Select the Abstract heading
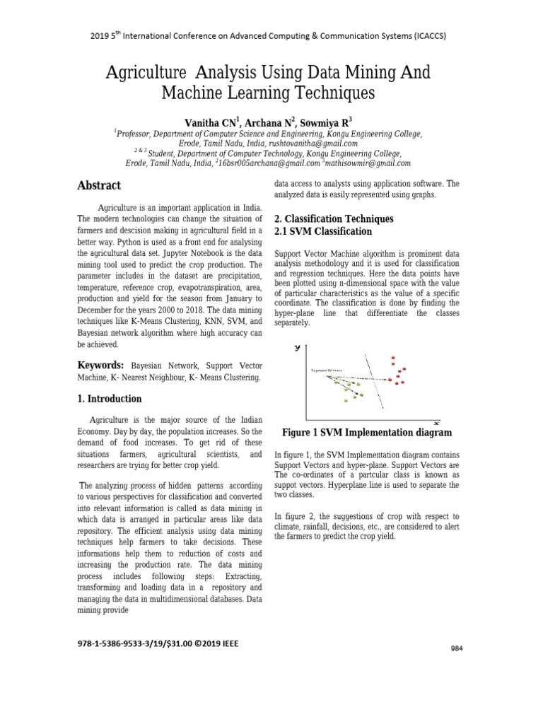(98, 185)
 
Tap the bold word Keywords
(100, 365)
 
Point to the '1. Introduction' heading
(109, 399)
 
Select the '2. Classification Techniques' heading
(333, 219)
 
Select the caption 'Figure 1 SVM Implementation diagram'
(367, 432)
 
